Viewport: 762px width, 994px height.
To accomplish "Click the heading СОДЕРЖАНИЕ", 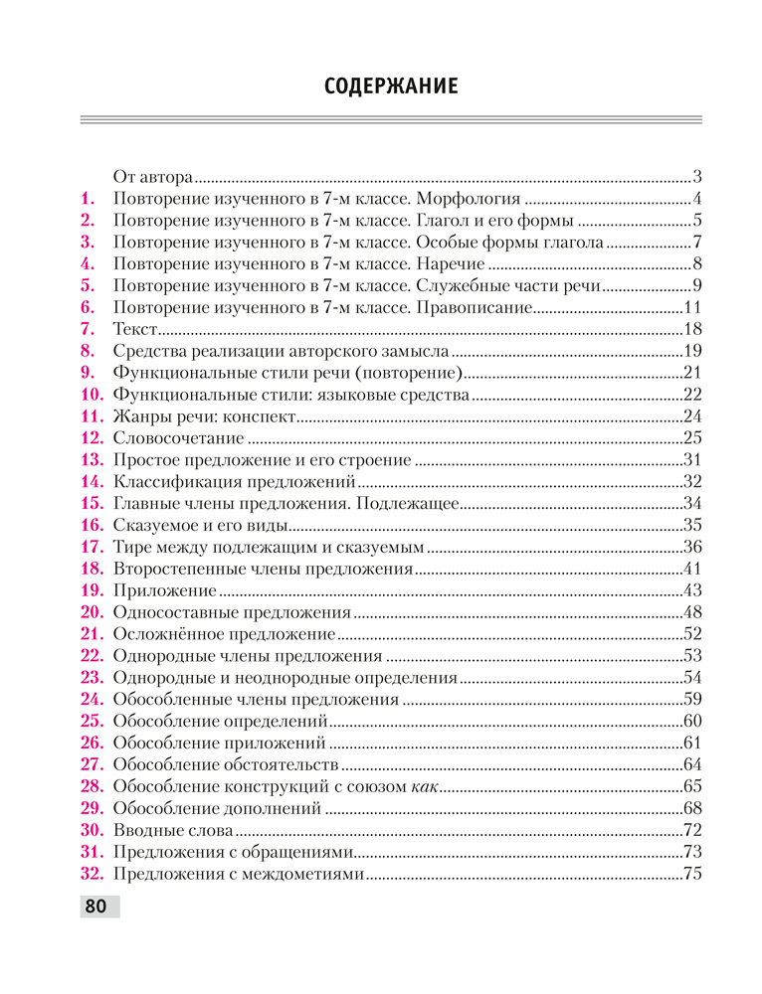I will (391, 86).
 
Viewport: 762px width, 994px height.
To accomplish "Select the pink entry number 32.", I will (92, 876).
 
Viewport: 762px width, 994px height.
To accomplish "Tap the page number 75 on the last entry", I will (693, 876).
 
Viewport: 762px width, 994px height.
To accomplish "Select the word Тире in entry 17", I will (131, 548).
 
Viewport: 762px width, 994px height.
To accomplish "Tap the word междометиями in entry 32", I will (306, 876).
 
